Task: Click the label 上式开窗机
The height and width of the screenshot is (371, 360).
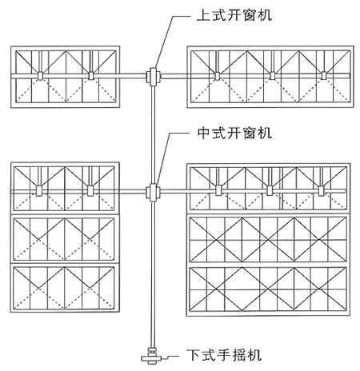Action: click(x=234, y=14)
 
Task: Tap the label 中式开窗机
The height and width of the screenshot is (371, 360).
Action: click(x=234, y=133)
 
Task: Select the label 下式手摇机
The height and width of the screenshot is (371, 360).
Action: click(x=223, y=355)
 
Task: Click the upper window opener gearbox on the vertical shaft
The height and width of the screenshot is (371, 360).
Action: click(x=153, y=77)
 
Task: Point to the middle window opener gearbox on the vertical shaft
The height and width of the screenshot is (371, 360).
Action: click(x=153, y=193)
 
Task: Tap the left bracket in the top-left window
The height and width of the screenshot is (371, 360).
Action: click(x=41, y=76)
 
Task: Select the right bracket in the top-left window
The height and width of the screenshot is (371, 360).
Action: click(x=91, y=76)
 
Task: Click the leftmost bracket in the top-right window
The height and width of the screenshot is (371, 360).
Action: click(x=218, y=76)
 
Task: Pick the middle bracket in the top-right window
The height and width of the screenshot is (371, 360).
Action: click(x=272, y=76)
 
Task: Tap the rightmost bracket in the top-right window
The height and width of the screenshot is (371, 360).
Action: click(x=324, y=76)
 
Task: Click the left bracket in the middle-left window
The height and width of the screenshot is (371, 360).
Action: click(x=39, y=190)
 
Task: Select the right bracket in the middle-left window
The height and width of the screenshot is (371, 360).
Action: click(x=90, y=190)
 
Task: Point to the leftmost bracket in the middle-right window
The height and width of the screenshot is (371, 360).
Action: click(x=218, y=190)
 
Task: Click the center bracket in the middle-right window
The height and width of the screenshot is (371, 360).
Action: click(x=270, y=190)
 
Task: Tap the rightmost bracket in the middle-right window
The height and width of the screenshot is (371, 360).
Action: click(x=321, y=190)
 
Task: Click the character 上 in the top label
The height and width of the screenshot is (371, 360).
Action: click(x=204, y=15)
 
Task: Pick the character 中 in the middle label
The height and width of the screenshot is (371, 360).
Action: click(x=204, y=133)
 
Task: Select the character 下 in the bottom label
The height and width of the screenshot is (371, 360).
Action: click(x=193, y=355)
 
